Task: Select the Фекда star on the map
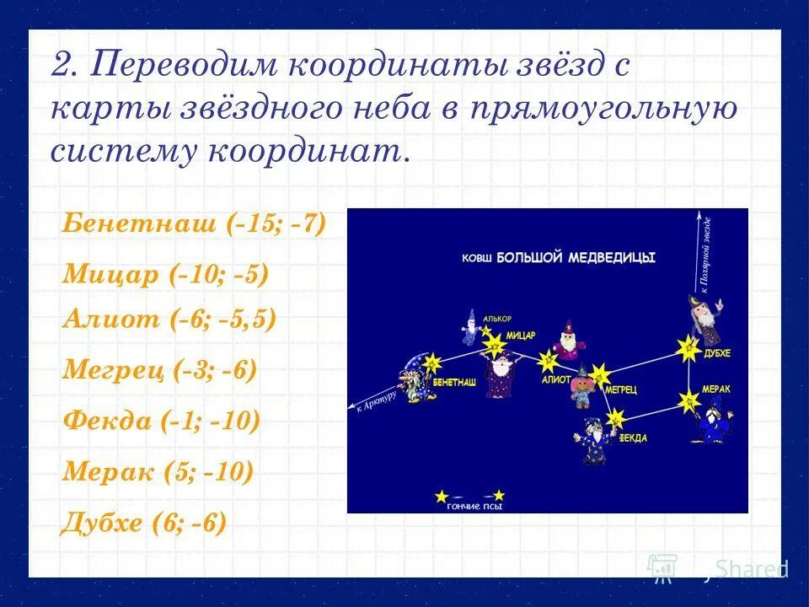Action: (x=616, y=418)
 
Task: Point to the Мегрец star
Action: (x=600, y=373)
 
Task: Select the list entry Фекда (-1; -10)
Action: (x=161, y=421)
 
